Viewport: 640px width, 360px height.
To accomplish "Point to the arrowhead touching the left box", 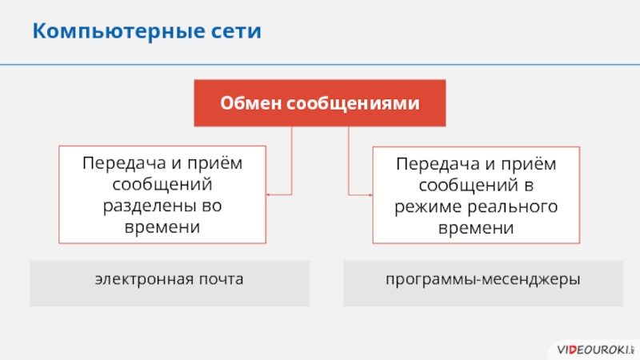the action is click(269, 194).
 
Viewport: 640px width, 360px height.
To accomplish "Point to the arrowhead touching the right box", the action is click(371, 194).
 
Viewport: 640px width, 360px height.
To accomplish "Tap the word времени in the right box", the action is click(476, 228).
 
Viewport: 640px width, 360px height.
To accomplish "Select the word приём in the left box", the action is click(216, 164).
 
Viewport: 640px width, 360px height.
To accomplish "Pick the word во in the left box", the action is click(210, 206).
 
